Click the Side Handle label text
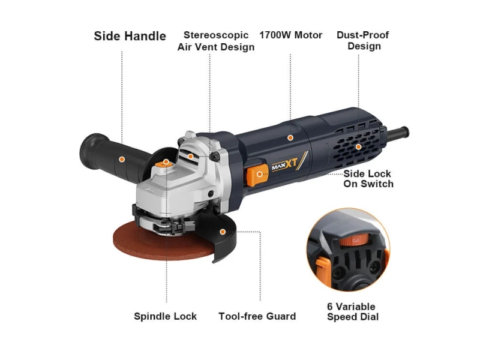[130, 36]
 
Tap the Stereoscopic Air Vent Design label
[216, 41]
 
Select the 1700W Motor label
[291, 35]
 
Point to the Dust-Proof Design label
[363, 40]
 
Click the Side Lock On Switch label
[368, 179]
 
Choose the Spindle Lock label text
[166, 316]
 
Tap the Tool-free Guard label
[257, 316]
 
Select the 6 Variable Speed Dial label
[353, 311]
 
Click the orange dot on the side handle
[122, 159]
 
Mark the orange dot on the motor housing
[290, 138]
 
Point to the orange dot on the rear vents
[358, 147]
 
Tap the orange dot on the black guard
[223, 232]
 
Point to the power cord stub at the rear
[397, 133]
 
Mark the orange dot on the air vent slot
[190, 157]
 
